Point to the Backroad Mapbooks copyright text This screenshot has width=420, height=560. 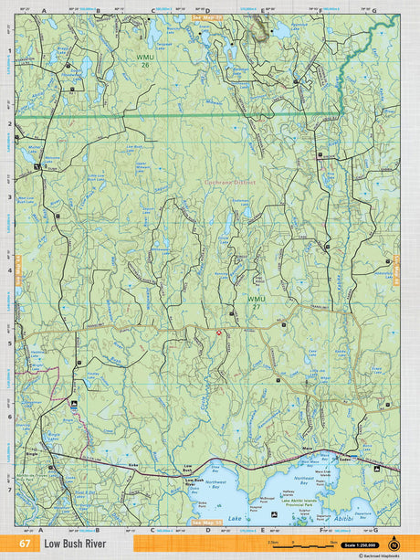click(383, 555)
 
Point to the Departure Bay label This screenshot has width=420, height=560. click(362, 514)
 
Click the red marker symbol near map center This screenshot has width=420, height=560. click(218, 333)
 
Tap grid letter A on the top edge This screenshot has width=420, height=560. click(43, 11)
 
